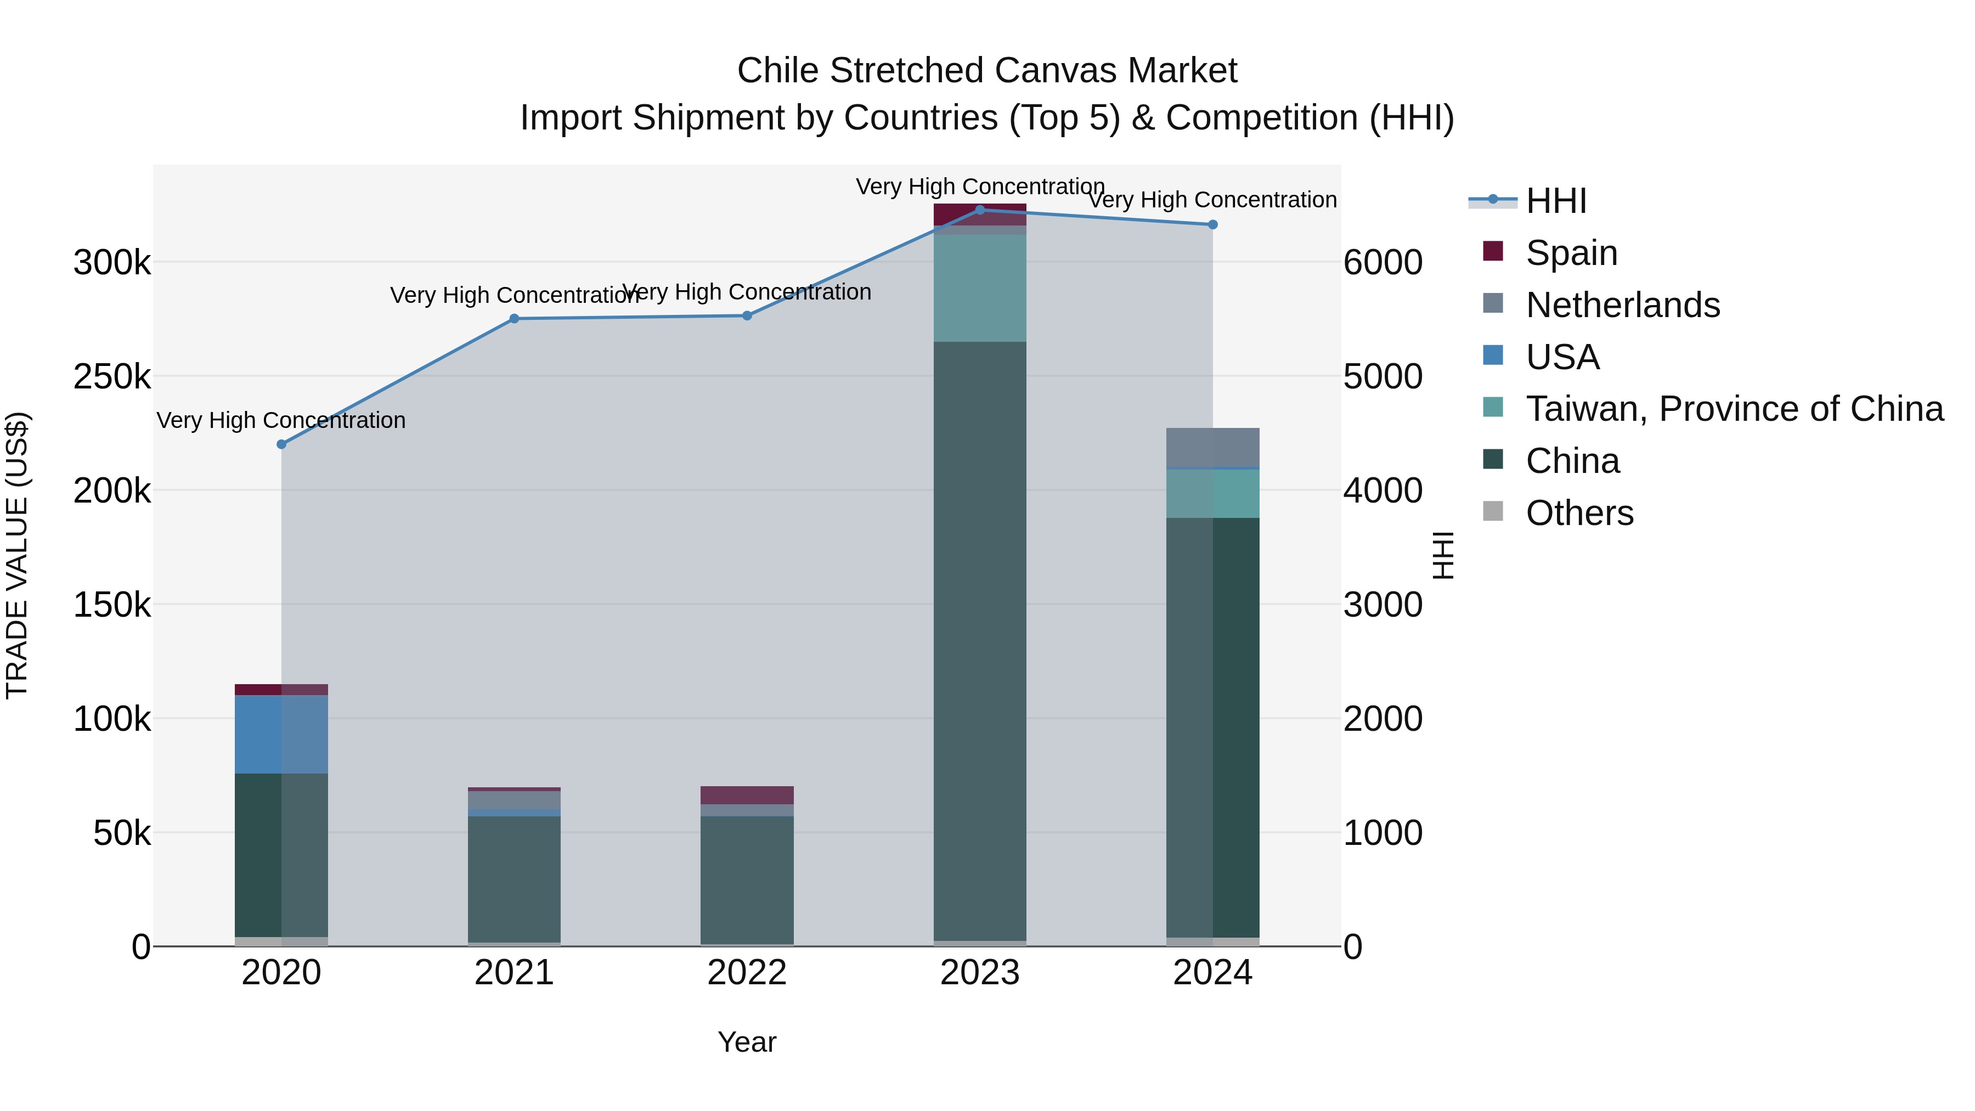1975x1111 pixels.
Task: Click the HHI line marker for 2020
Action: click(281, 444)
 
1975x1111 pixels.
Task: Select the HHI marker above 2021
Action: click(515, 319)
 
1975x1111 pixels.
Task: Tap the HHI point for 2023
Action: click(980, 210)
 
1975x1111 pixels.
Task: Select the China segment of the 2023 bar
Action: click(980, 640)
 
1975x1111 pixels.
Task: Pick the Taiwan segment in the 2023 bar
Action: click(980, 287)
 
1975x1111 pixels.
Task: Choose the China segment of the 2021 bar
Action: click(515, 879)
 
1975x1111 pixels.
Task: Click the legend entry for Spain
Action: click(1572, 253)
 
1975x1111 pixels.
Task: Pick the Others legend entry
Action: click(1579, 513)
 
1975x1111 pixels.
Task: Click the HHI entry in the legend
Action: click(1556, 201)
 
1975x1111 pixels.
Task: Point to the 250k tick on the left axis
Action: click(112, 376)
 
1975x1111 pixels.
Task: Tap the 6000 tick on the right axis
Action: click(1383, 262)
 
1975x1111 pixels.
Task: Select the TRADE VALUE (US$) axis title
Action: click(17, 555)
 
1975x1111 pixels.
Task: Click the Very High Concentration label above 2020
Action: click(281, 420)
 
